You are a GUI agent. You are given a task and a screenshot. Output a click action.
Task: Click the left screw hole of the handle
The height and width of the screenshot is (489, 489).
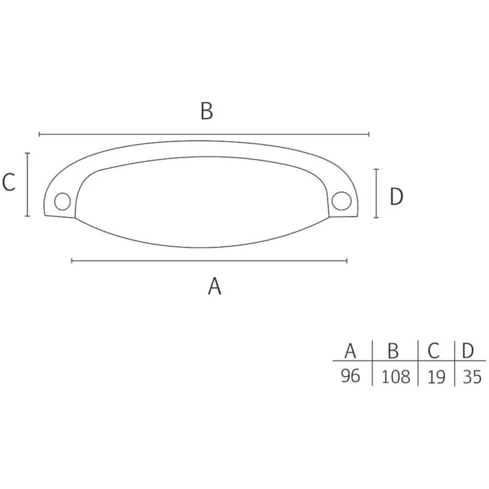coord(63,201)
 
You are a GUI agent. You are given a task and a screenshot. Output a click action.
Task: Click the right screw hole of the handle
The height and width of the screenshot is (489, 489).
coord(341,200)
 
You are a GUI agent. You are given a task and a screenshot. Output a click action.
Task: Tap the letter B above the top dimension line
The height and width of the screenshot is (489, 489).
coord(207,111)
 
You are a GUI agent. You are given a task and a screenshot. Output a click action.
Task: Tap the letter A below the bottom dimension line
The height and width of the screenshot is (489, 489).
coord(215,286)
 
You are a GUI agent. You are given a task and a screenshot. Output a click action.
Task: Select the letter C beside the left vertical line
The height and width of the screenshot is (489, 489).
coord(9,182)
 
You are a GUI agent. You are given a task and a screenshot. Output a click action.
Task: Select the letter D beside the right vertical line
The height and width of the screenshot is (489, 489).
coord(397,197)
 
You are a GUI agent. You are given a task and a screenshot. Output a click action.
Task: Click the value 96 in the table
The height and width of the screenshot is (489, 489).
coord(351,376)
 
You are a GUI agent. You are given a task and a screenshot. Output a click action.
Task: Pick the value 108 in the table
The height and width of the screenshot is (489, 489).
coord(396,377)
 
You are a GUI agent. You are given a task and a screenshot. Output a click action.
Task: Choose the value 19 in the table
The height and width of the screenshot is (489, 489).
coord(436,377)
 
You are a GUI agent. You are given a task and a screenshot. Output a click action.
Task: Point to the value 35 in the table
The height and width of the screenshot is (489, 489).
coord(472,377)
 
